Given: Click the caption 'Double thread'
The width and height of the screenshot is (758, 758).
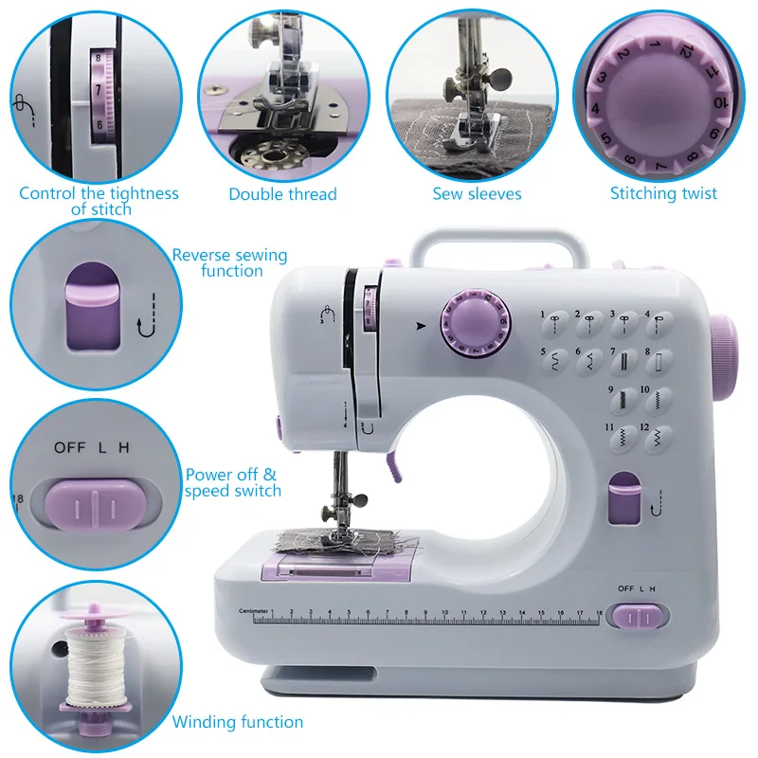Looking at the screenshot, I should point(282,194).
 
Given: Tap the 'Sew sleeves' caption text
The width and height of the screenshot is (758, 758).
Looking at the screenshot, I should point(477,194).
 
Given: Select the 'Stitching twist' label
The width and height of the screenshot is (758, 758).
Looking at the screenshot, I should point(663,193).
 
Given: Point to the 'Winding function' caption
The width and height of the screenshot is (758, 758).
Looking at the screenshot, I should point(238,722).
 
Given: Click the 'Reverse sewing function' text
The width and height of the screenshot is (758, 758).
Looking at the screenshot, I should point(229,262).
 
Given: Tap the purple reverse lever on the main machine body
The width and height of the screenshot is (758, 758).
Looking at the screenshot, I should point(623,499).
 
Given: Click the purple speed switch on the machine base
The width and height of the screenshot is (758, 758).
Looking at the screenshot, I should point(641,617).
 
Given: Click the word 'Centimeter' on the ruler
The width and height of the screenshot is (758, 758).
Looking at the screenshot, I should point(255,609).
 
